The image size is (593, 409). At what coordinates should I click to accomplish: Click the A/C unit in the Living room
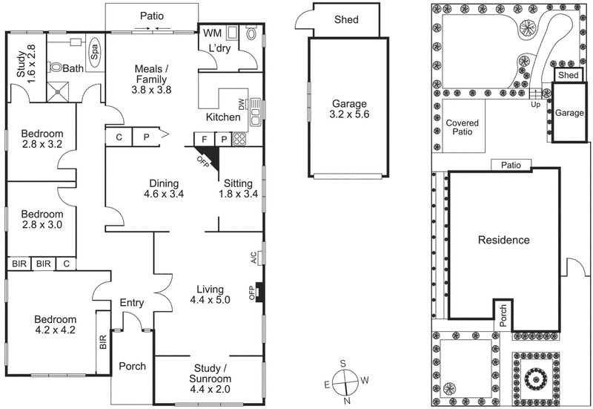pyautogui.click(x=254, y=258)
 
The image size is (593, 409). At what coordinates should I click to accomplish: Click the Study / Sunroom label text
pyautogui.click(x=207, y=376)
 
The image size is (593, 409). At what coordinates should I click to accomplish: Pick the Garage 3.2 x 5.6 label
pyautogui.click(x=349, y=109)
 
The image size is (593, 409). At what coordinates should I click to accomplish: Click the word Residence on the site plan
pyautogui.click(x=503, y=240)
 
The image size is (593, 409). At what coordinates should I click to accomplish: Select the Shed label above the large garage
pyautogui.click(x=346, y=20)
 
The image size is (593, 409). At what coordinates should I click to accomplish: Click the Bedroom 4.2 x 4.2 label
pyautogui.click(x=55, y=325)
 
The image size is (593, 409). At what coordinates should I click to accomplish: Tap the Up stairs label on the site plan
pyautogui.click(x=535, y=105)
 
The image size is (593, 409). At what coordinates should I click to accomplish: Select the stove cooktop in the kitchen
pyautogui.click(x=240, y=139)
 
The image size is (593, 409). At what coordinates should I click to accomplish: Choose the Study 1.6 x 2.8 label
pyautogui.click(x=26, y=63)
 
